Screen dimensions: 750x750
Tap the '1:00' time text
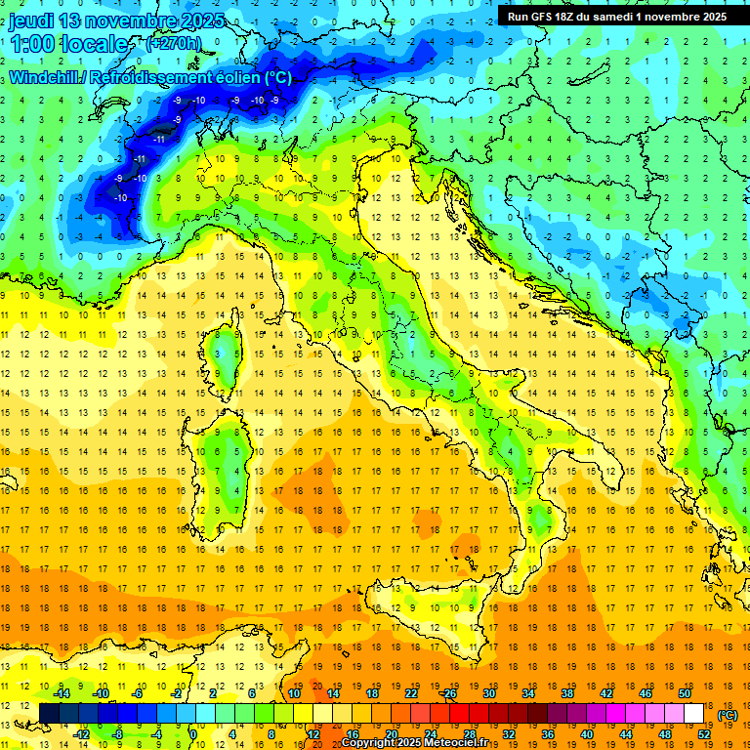coord(30,45)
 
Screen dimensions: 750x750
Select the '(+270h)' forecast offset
coord(173,44)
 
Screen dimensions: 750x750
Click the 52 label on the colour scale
coord(704,734)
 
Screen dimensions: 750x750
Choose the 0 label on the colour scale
coord(193,734)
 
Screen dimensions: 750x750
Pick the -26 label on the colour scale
coord(448,692)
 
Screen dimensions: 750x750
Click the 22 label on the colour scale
coord(410,692)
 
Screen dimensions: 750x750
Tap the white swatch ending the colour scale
coord(694,713)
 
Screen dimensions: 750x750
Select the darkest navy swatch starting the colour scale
coord(49,713)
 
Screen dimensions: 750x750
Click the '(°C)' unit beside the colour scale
coord(728,714)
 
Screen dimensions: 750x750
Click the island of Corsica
coord(228,356)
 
